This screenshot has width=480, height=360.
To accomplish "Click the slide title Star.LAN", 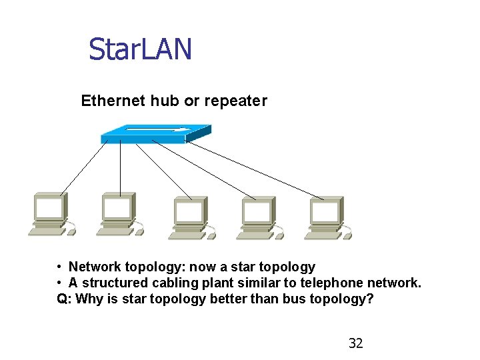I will click(x=140, y=49).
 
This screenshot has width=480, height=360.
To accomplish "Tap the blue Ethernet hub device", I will click(x=155, y=133).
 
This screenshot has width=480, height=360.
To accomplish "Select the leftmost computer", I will click(x=50, y=214).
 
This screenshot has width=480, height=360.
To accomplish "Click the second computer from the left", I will click(x=118, y=214).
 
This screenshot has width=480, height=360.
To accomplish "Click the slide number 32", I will click(x=356, y=343).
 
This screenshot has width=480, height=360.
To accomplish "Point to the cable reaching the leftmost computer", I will click(x=83, y=169).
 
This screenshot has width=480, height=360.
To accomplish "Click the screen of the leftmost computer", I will click(x=50, y=209).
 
